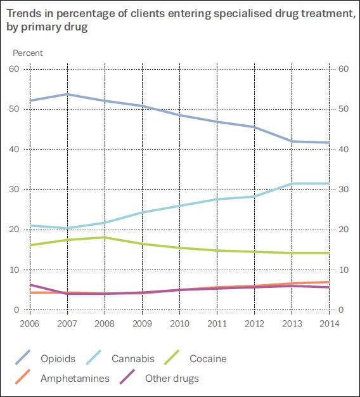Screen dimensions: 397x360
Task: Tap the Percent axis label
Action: click(x=28, y=53)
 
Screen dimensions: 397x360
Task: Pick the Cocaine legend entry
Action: click(x=208, y=359)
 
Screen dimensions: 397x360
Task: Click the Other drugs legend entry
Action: click(x=172, y=379)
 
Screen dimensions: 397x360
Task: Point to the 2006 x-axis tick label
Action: click(x=29, y=323)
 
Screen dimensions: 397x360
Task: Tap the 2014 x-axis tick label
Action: click(x=328, y=323)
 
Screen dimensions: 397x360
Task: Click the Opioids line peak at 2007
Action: click(x=68, y=94)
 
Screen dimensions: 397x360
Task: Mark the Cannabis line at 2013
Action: click(x=292, y=183)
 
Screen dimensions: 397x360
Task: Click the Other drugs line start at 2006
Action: click(x=30, y=285)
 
